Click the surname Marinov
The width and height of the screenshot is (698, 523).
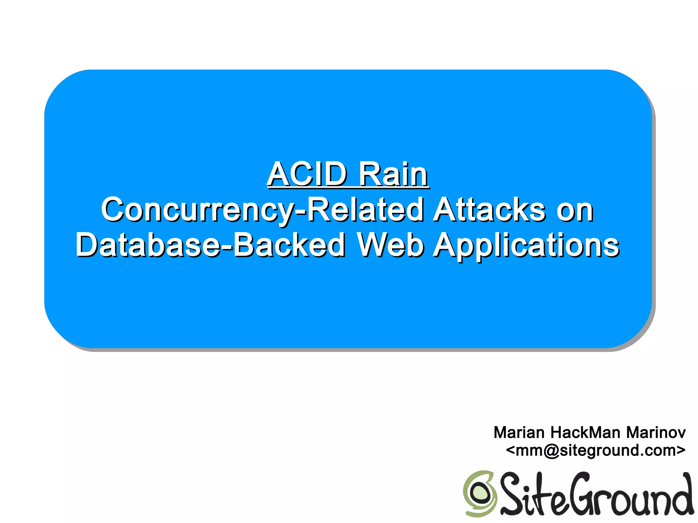coord(656,432)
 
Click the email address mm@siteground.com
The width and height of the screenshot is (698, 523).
coord(595,450)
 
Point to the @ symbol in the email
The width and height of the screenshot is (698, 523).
coord(550,450)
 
